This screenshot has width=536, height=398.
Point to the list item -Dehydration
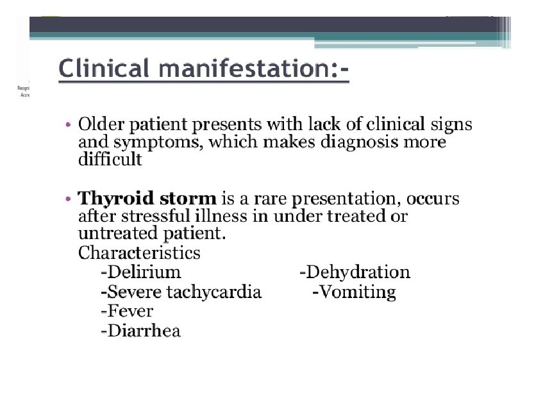point(355,272)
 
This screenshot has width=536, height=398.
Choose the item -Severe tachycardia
point(181,292)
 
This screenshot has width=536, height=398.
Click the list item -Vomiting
point(354,292)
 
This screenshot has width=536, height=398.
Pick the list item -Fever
point(127,311)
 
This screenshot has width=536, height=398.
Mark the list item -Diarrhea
point(140,331)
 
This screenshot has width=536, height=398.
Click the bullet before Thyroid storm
point(69,199)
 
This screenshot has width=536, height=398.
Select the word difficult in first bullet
point(110,160)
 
